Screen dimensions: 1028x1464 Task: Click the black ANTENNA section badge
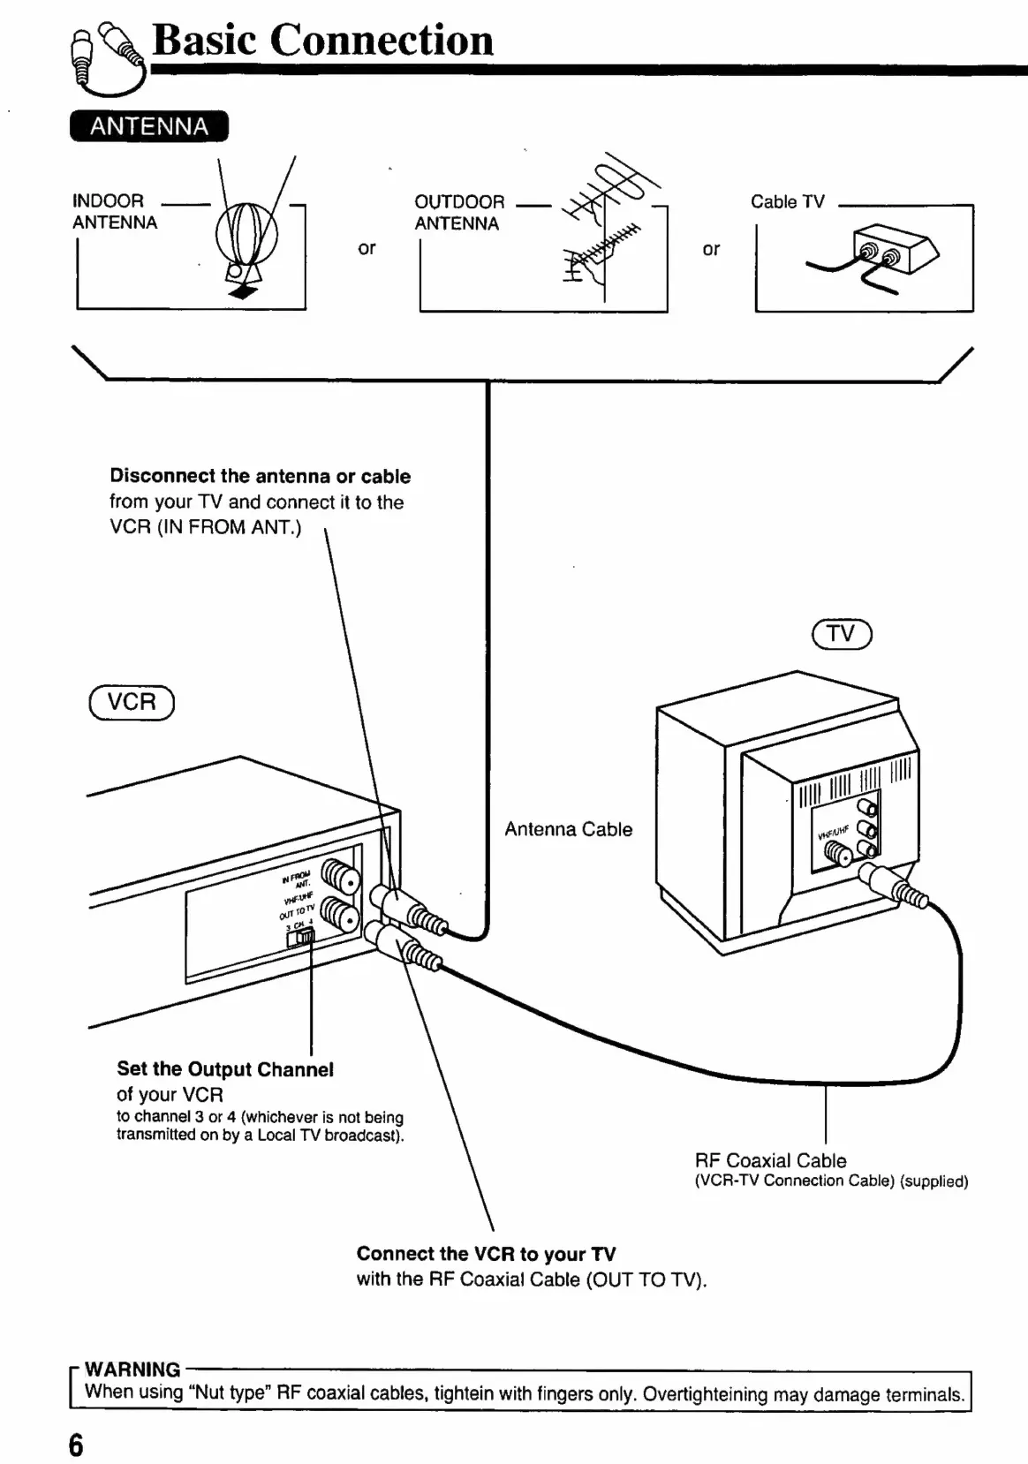[149, 126]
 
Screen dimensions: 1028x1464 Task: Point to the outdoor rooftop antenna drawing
[604, 225]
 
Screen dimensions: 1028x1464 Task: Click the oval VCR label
[132, 703]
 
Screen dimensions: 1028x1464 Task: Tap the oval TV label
[842, 634]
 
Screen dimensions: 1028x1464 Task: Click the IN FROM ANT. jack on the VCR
[341, 877]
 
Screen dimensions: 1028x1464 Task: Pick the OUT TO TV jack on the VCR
[341, 914]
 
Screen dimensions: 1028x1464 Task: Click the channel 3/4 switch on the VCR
[300, 938]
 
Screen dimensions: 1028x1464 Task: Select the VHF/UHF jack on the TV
[838, 853]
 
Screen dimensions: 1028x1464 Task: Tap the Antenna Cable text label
[569, 829]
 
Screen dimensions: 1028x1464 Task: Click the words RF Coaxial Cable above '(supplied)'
[770, 1161]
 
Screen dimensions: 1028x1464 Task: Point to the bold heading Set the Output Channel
[225, 1069]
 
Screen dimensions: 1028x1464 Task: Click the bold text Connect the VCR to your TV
[487, 1254]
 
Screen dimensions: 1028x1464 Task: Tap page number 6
[76, 1445]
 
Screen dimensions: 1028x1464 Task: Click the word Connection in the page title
[382, 41]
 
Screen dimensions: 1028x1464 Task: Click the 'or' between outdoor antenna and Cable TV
[711, 249]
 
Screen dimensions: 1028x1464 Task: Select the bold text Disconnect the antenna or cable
[261, 476]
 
